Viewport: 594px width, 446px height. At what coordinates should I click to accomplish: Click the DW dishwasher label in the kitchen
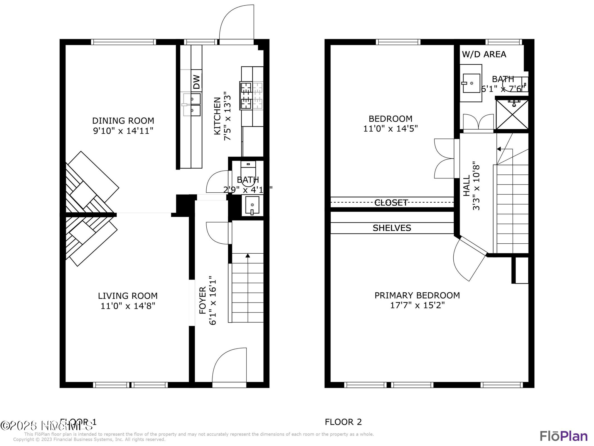pos(197,82)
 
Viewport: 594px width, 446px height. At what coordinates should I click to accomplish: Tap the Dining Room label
pos(123,121)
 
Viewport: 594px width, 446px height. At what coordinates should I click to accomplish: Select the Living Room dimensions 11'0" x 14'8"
pos(128,306)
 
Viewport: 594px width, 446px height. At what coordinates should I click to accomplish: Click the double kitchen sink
pos(192,105)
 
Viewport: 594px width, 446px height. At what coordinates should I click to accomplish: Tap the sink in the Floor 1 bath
pos(252,205)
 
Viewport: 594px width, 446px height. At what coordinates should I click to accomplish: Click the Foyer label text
pos(202,300)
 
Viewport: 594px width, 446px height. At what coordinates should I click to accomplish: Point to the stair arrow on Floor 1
pos(248,256)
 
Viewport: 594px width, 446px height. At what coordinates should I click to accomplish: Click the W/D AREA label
pos(484,54)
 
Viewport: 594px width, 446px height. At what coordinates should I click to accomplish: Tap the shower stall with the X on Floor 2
pos(512,115)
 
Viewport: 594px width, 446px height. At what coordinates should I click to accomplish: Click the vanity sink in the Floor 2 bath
pos(471,83)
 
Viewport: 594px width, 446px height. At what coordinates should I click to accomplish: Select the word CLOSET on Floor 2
pos(391,203)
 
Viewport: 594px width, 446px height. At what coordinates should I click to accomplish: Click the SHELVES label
pos(392,228)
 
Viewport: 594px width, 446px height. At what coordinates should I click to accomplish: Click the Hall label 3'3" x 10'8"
pos(471,186)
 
